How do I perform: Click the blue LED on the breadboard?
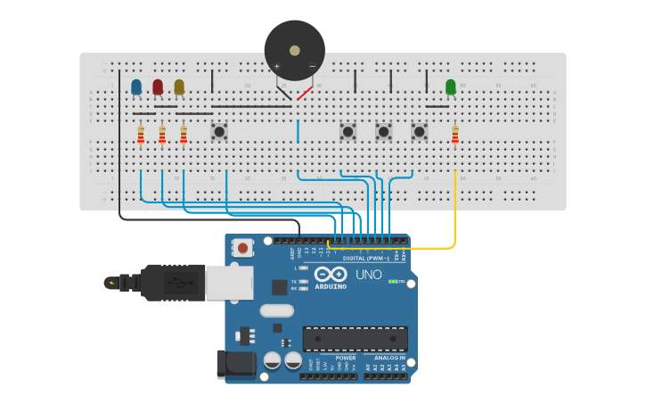(136, 87)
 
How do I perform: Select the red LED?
(158, 87)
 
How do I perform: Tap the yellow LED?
(179, 87)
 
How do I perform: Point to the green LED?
(451, 87)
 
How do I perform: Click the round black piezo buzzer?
(294, 50)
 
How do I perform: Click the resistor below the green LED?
(455, 135)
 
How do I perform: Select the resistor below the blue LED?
(141, 135)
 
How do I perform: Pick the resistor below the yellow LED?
(184, 135)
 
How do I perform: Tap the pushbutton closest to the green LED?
(420, 132)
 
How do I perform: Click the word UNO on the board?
(368, 275)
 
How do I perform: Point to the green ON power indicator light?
(392, 282)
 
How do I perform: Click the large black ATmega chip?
(355, 338)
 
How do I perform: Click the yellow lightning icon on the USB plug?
(110, 284)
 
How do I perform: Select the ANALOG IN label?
(387, 358)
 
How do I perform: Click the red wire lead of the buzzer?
(305, 93)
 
